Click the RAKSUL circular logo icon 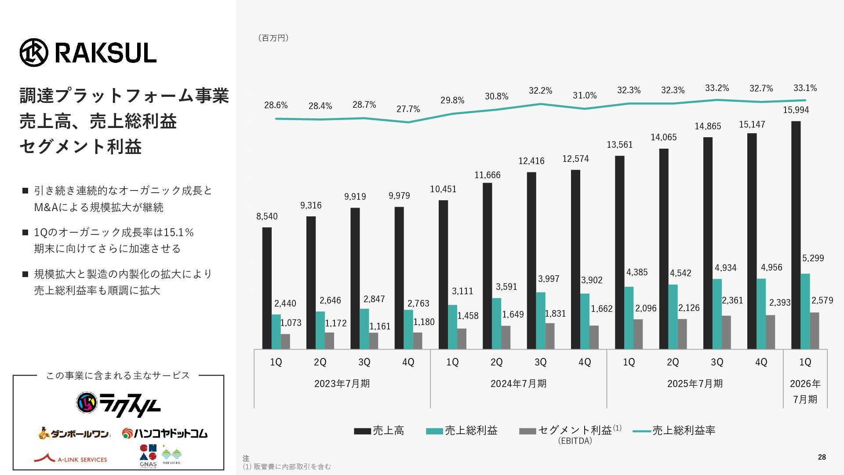tap(33, 52)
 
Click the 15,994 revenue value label tap(796, 110)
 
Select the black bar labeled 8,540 tap(267, 288)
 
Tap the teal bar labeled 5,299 tap(805, 311)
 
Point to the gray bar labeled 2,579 tap(815, 331)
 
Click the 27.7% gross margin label tap(408, 109)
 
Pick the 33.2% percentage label tap(717, 88)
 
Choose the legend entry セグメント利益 tap(570, 431)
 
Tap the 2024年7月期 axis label tap(518, 384)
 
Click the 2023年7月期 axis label tap(342, 384)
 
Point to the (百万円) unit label tap(273, 38)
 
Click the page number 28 tap(822, 457)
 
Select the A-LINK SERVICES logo tap(71, 459)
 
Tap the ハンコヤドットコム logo tap(164, 434)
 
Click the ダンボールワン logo tap(73, 434)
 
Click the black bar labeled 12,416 tap(531, 260)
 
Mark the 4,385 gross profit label tap(637, 272)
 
